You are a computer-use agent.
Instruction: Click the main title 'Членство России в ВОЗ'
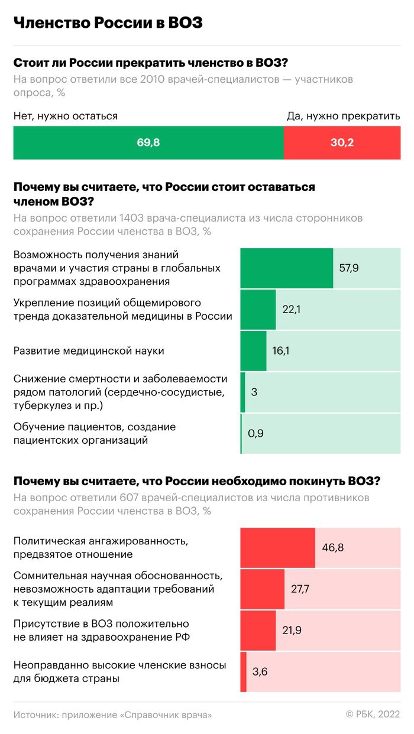(108, 22)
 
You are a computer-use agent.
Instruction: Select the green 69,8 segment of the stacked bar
(148, 143)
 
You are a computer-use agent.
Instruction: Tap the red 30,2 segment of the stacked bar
(342, 143)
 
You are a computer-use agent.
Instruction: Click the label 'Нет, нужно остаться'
(66, 116)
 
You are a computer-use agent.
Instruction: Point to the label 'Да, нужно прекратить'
(344, 116)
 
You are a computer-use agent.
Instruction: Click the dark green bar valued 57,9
(287, 268)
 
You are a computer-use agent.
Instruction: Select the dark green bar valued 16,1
(253, 350)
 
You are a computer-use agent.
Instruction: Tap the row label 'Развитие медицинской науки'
(89, 350)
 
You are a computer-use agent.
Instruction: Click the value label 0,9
(256, 433)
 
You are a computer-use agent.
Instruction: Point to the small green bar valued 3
(242, 392)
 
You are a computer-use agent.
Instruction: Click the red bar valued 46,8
(277, 547)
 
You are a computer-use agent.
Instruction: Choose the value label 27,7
(300, 589)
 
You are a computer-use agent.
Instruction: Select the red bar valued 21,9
(258, 630)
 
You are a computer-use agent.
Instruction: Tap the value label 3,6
(260, 671)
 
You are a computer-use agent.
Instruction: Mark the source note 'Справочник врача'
(166, 714)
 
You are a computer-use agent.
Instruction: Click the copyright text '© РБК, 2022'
(373, 714)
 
